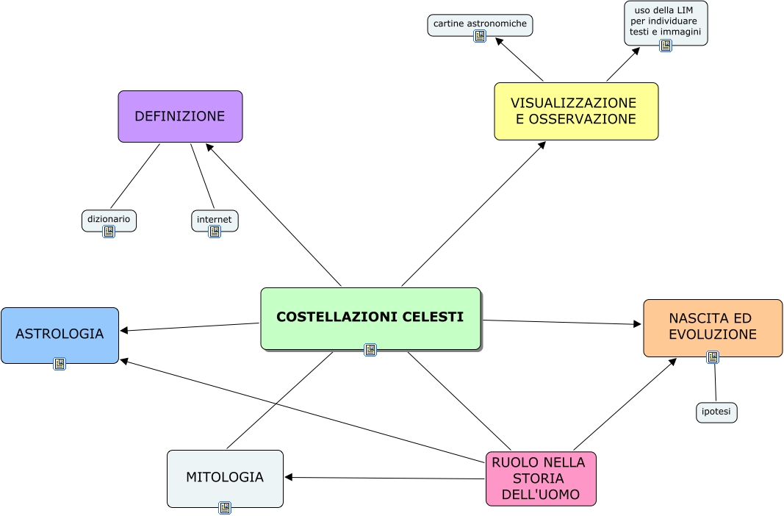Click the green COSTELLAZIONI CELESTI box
370,318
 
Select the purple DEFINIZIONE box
180,116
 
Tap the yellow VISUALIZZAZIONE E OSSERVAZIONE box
576,111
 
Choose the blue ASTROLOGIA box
60,334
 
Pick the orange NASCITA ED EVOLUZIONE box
713,327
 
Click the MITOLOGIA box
225,478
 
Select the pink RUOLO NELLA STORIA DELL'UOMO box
541,479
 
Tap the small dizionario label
109,219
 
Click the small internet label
215,219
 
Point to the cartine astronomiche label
480,24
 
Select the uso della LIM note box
666,21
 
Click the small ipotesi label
716,412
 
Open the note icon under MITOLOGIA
225,507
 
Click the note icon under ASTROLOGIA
60,363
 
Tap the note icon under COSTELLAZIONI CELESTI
370,350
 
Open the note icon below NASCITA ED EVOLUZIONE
713,357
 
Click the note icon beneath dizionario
109,232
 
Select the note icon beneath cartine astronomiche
480,36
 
